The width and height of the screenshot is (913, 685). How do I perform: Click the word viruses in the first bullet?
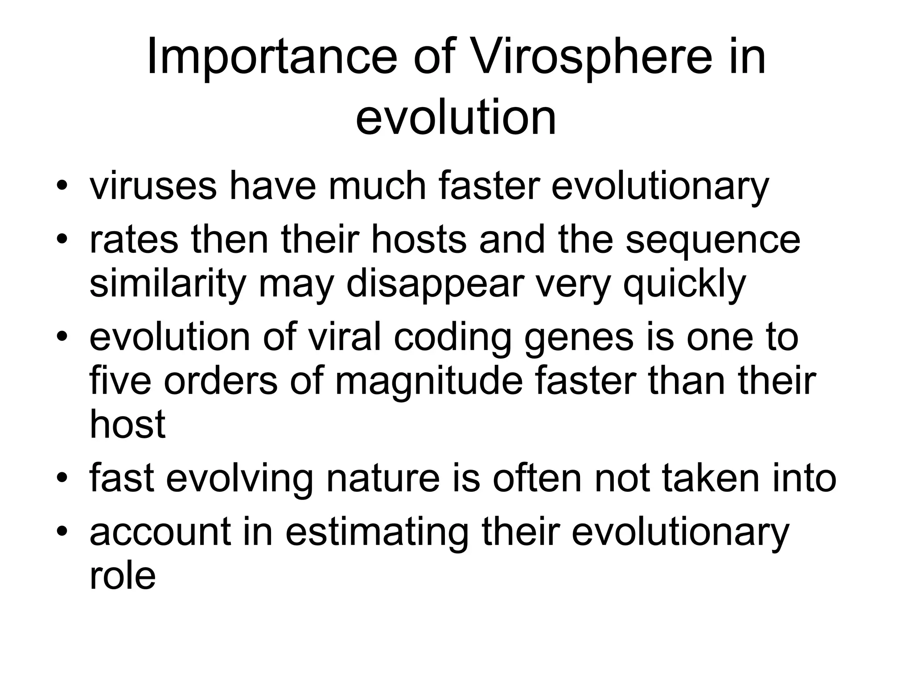click(x=153, y=186)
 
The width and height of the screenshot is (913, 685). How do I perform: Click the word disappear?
click(x=435, y=284)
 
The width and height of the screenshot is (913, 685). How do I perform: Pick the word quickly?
click(x=684, y=284)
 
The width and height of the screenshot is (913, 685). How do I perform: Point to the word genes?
click(x=579, y=338)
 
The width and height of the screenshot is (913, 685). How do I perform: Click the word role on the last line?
click(x=123, y=575)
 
